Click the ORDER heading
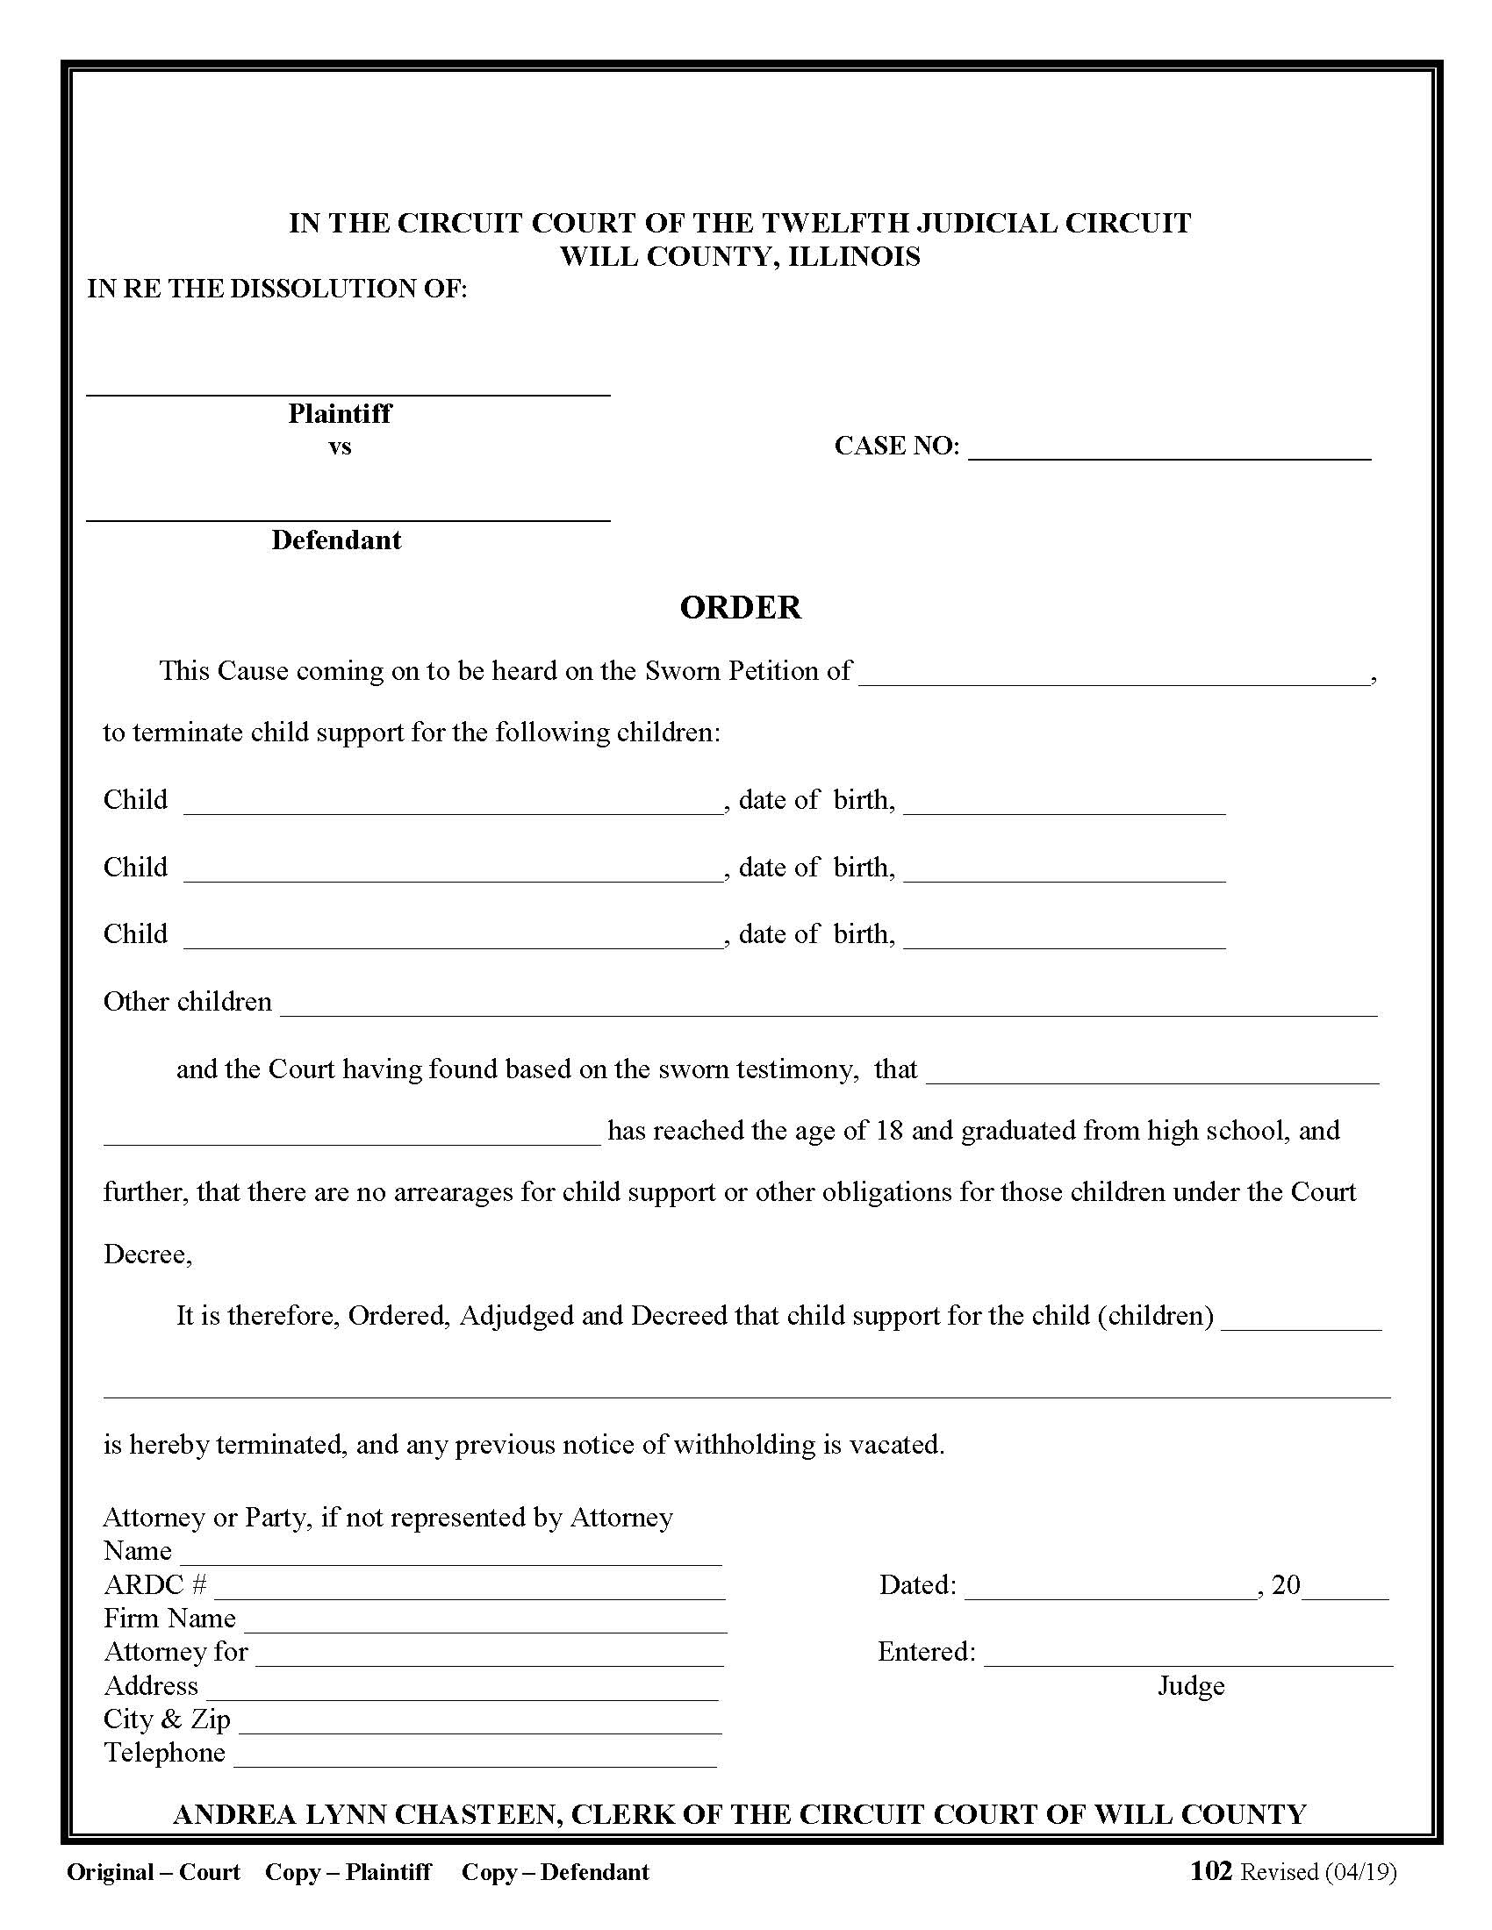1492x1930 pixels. [x=740, y=608]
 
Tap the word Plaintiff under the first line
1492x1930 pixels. [x=340, y=413]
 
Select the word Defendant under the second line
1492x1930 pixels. [x=336, y=540]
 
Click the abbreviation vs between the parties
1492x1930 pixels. [x=340, y=447]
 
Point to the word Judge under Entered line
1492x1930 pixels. [x=1191, y=1686]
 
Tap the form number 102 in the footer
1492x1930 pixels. [x=1210, y=1871]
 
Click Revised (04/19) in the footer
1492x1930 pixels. [x=1318, y=1872]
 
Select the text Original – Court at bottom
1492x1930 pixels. [x=153, y=1872]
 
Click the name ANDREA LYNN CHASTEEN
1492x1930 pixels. [x=366, y=1814]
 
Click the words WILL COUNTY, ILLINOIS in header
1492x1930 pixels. [x=740, y=256]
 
